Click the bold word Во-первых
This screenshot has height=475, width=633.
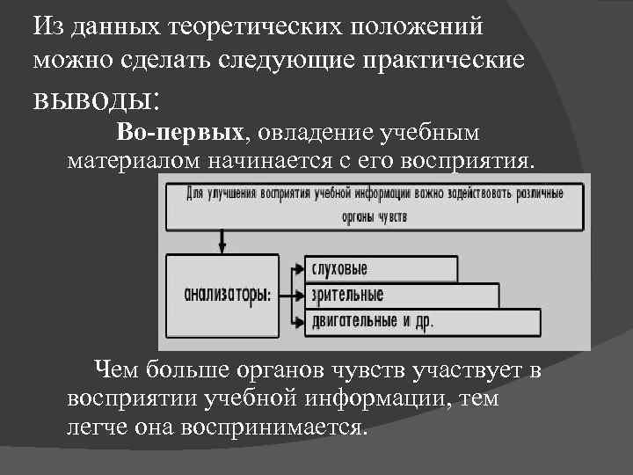pos(179,133)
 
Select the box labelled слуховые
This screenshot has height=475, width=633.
pos(381,268)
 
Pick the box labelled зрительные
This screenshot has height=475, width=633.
pos(400,295)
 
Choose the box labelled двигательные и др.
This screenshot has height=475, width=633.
pos(422,321)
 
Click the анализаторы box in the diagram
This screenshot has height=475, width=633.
pos(222,295)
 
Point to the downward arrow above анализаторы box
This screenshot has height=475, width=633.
pos(222,239)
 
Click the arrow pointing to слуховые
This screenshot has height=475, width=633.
pos(293,268)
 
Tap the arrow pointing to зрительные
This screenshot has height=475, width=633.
pos(293,295)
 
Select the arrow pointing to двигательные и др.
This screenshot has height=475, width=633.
pos(293,321)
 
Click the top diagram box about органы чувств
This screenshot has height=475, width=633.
pos(375,205)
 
